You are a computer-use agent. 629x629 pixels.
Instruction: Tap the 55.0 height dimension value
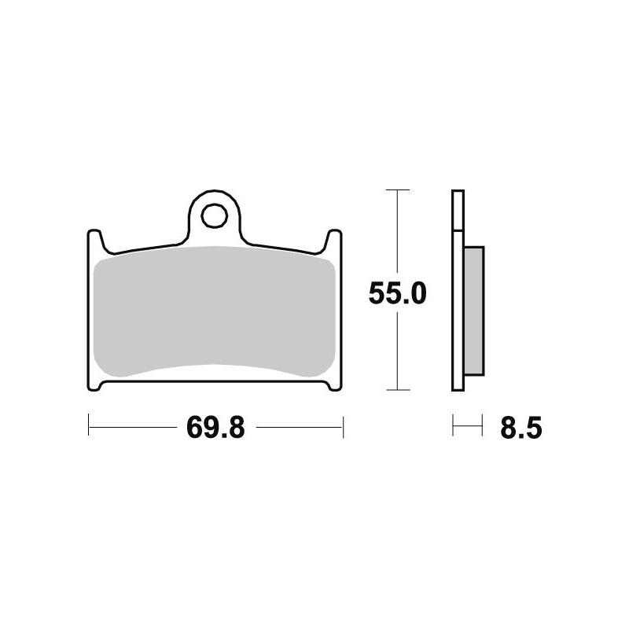pyautogui.click(x=397, y=294)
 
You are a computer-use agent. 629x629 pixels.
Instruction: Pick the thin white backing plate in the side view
pyautogui.click(x=457, y=291)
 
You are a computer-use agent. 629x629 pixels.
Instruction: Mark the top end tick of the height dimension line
pyautogui.click(x=399, y=190)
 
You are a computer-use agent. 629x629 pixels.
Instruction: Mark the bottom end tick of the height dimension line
pyautogui.click(x=399, y=390)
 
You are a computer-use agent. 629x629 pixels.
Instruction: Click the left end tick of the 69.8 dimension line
pyautogui.click(x=89, y=428)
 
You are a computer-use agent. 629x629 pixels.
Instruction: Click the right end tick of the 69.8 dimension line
pyautogui.click(x=344, y=428)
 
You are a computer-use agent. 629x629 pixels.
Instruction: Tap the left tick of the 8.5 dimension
pyautogui.click(x=453, y=428)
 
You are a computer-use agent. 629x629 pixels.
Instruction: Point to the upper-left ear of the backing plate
pyautogui.click(x=94, y=237)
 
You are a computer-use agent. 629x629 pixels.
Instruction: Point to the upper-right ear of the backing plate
pyautogui.click(x=335, y=237)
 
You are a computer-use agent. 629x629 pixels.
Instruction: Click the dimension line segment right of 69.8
pyautogui.click(x=299, y=428)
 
